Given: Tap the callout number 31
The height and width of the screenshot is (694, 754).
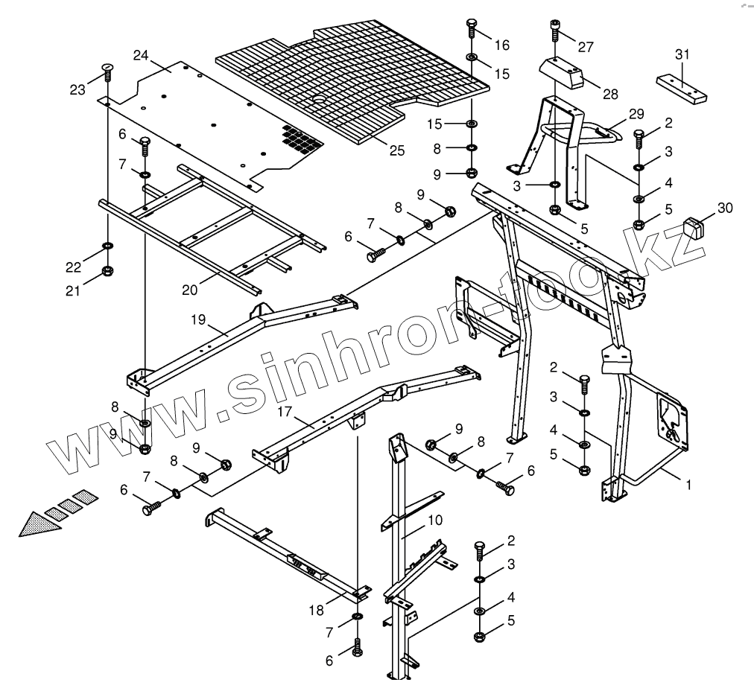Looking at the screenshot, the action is click(x=682, y=54).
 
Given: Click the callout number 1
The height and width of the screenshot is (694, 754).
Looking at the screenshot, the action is click(x=689, y=484).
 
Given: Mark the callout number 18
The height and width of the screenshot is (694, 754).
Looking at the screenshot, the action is click(x=316, y=610).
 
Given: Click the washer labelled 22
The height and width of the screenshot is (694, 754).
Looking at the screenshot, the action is click(x=108, y=246).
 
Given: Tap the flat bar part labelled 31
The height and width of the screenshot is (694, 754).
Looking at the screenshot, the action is click(x=680, y=87).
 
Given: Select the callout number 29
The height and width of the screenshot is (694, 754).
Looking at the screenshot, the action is click(x=636, y=114).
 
